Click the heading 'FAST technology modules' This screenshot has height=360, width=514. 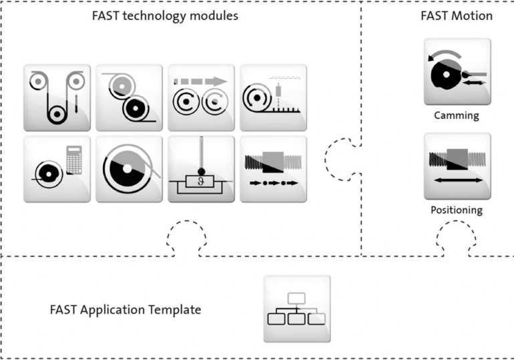pyautogui.click(x=165, y=16)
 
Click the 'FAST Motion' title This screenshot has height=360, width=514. pyautogui.click(x=457, y=16)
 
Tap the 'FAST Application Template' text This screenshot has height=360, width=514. pyautogui.click(x=125, y=310)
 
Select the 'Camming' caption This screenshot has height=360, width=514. pyautogui.click(x=457, y=116)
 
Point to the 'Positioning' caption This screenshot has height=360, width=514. pyautogui.click(x=457, y=210)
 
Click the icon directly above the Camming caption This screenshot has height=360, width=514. pyautogui.click(x=457, y=71)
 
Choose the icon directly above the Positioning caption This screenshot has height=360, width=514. pyautogui.click(x=457, y=166)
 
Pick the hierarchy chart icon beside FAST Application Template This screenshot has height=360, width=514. pyautogui.click(x=296, y=309)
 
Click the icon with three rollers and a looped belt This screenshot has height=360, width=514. pyautogui.click(x=57, y=98)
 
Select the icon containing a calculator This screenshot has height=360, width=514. pyautogui.click(x=57, y=169)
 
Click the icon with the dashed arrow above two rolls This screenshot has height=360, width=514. pyautogui.click(x=201, y=98)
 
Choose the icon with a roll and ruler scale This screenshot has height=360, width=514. pyautogui.click(x=273, y=98)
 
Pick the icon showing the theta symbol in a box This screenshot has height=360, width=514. pyautogui.click(x=201, y=169)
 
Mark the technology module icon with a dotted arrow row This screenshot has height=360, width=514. pyautogui.click(x=273, y=169)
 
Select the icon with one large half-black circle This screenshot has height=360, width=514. pyautogui.click(x=129, y=169)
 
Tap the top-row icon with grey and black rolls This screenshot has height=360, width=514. pyautogui.click(x=129, y=98)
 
